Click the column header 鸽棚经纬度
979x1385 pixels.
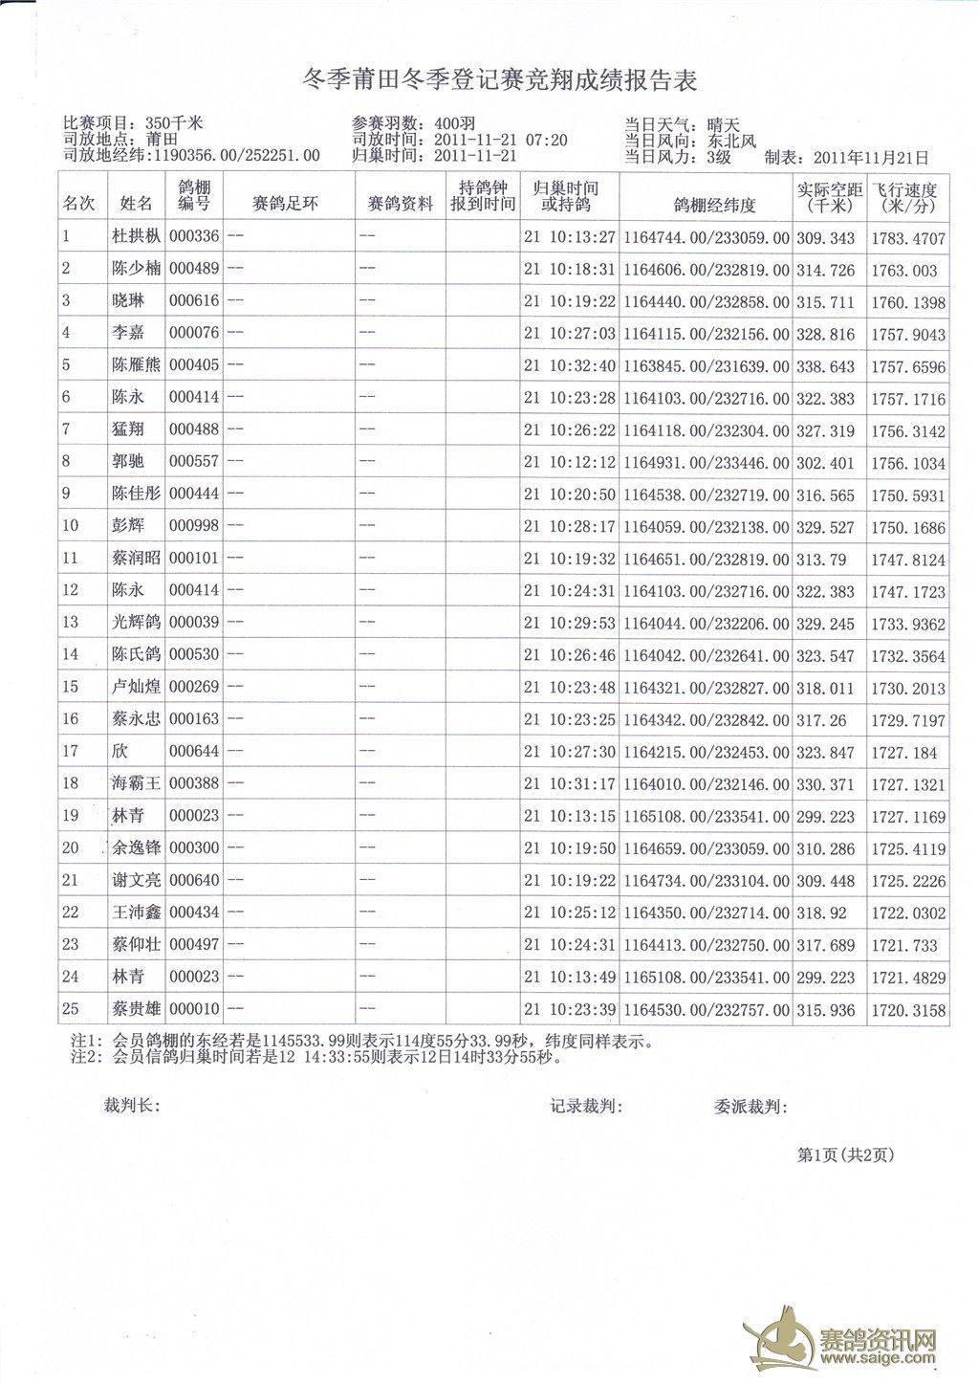tap(707, 204)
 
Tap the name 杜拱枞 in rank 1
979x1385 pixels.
tap(136, 237)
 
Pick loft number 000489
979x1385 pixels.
tap(194, 270)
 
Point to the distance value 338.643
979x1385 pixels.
tap(828, 366)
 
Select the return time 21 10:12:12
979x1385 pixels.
tap(569, 463)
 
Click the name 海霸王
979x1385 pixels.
tap(136, 784)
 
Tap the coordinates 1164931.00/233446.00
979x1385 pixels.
tap(707, 463)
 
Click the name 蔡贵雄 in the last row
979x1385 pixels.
tap(136, 1009)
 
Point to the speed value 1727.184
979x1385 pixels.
tap(903, 753)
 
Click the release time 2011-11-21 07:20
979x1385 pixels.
tap(501, 141)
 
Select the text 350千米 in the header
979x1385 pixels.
tap(174, 123)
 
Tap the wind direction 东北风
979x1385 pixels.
tap(731, 141)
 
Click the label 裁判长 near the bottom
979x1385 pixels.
tap(131, 1107)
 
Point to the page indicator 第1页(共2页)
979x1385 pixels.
tap(845, 1155)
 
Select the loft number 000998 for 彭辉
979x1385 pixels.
tap(194, 527)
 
